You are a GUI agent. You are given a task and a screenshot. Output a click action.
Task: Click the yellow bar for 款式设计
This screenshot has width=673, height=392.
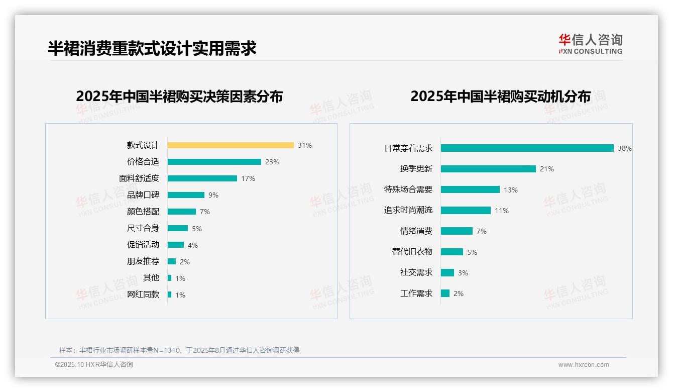coord(231,145)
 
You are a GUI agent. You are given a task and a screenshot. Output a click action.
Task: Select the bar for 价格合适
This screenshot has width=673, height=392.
coord(214,162)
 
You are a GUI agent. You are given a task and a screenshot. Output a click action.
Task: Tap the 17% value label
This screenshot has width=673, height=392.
coord(248,178)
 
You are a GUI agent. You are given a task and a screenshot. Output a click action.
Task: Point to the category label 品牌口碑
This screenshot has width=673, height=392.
coord(143,195)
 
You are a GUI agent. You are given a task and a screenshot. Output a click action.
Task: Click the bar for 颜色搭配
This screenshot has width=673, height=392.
coord(182,212)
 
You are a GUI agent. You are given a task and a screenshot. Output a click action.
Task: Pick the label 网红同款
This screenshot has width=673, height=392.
coord(143,295)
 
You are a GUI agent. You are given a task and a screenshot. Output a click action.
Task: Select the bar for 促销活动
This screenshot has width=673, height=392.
coord(176,245)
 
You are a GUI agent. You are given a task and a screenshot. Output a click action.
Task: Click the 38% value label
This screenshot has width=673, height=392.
coord(625,148)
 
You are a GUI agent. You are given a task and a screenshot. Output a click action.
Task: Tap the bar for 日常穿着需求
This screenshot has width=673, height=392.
coord(527,148)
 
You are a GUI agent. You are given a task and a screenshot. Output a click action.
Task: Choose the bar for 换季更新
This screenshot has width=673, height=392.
coord(488,169)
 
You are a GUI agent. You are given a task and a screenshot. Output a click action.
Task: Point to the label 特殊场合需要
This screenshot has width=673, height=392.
coord(408,189)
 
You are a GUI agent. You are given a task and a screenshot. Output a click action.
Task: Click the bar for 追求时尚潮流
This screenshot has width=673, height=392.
coord(466,211)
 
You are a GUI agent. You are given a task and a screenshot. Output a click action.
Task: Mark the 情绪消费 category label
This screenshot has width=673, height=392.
coord(416,231)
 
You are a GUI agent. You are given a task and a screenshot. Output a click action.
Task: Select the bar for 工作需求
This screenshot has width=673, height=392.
coord(445,293)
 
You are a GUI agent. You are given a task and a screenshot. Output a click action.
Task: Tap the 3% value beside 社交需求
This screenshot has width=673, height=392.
coord(463,273)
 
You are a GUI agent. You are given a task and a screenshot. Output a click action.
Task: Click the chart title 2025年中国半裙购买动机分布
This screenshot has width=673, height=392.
coord(500,96)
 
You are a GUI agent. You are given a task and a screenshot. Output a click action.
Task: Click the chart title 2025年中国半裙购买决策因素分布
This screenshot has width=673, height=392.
coord(179,96)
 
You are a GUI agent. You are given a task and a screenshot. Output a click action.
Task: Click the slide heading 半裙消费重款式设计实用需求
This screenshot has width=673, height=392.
coord(152,48)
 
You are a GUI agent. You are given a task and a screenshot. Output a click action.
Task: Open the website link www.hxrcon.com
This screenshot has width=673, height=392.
coord(584,365)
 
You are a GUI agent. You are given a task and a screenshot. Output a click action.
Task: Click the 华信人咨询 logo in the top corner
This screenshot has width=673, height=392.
coord(591,44)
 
